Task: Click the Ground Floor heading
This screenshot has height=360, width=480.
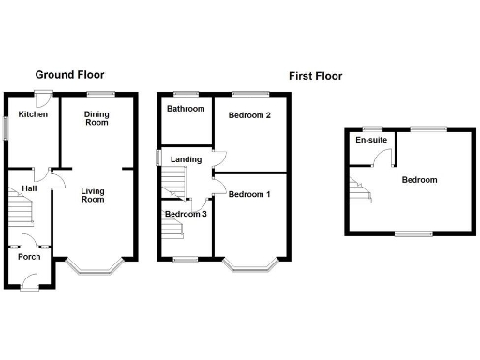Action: point(70,74)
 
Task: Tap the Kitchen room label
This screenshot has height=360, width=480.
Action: point(33,114)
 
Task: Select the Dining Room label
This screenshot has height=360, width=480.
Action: point(97,118)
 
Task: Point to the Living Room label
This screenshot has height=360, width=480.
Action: point(93,193)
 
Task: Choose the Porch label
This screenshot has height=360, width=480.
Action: point(29,257)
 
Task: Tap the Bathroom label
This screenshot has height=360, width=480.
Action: point(186,109)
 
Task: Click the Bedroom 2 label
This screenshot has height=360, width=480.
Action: point(249,115)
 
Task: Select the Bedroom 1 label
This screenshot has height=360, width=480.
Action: point(249,194)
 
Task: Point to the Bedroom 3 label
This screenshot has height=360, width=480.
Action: point(185,214)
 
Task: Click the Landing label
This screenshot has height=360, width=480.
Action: point(186,159)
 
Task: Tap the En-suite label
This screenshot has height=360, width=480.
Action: point(371,140)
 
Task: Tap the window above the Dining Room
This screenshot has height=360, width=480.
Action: point(100,93)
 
